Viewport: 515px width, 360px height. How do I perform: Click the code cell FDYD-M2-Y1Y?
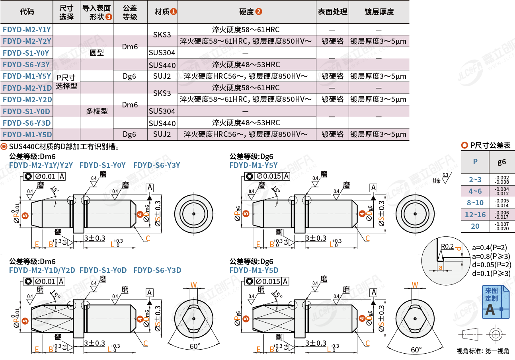tap(27, 29)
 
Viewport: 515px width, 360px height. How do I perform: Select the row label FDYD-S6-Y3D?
tap(27, 123)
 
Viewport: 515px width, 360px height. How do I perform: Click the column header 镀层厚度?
tap(378, 12)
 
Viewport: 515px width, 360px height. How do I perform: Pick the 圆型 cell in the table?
tap(97, 53)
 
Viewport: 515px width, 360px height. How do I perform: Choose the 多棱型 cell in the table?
tap(97, 111)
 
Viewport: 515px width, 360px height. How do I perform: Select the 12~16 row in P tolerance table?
tap(475, 215)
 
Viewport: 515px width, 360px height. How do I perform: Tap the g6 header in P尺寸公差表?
tap(502, 162)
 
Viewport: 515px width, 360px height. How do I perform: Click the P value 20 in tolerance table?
tap(475, 226)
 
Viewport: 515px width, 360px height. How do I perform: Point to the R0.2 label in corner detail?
tap(447, 247)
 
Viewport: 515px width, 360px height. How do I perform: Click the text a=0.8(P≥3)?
tap(491, 256)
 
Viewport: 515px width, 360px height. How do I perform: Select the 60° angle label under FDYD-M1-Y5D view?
tap(416, 350)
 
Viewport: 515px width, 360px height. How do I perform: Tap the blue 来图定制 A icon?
tap(495, 302)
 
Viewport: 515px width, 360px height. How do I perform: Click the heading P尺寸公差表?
tap(490, 146)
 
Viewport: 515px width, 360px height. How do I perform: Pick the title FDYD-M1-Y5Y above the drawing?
tap(253, 165)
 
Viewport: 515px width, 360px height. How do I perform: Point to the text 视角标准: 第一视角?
tap(483, 351)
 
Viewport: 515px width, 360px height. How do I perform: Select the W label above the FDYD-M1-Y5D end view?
tap(414, 285)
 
